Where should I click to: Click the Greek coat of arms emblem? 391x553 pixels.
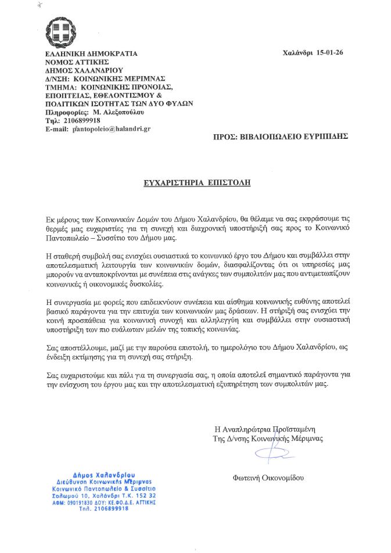click(x=60, y=34)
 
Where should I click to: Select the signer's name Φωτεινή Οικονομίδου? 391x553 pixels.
click(x=268, y=478)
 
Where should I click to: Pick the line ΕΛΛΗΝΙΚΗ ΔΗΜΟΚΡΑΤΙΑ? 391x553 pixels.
click(x=91, y=53)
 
